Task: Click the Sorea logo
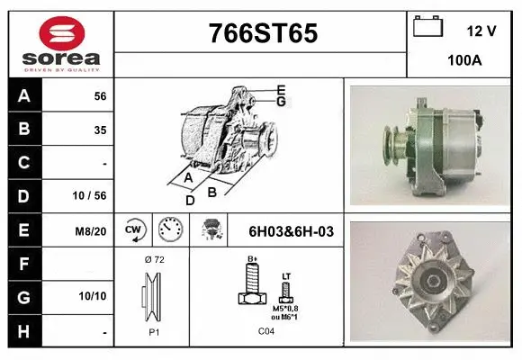coord(61,44)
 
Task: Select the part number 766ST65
coord(263,33)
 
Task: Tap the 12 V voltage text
coord(481,31)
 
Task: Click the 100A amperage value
coord(464,60)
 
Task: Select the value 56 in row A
coord(99,96)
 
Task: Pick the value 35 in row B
coord(99,130)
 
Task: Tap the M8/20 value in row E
coord(92,231)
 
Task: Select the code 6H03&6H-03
coord(291,231)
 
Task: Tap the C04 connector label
coord(268,330)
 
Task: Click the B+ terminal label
coord(253,259)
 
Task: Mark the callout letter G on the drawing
coord(281,102)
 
